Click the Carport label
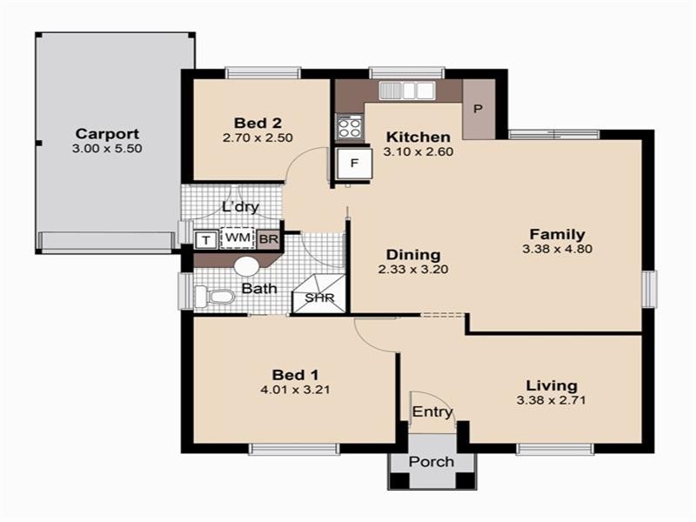[107, 134]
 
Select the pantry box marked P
[478, 110]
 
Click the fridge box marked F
[354, 163]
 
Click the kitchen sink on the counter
[407, 90]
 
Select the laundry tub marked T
[206, 239]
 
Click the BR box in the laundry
[269, 238]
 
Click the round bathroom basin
[248, 266]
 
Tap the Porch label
[432, 461]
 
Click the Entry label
[432, 412]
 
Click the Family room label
[557, 234]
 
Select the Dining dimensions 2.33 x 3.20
[413, 270]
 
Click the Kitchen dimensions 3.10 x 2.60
[418, 151]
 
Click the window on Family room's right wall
[649, 288]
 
